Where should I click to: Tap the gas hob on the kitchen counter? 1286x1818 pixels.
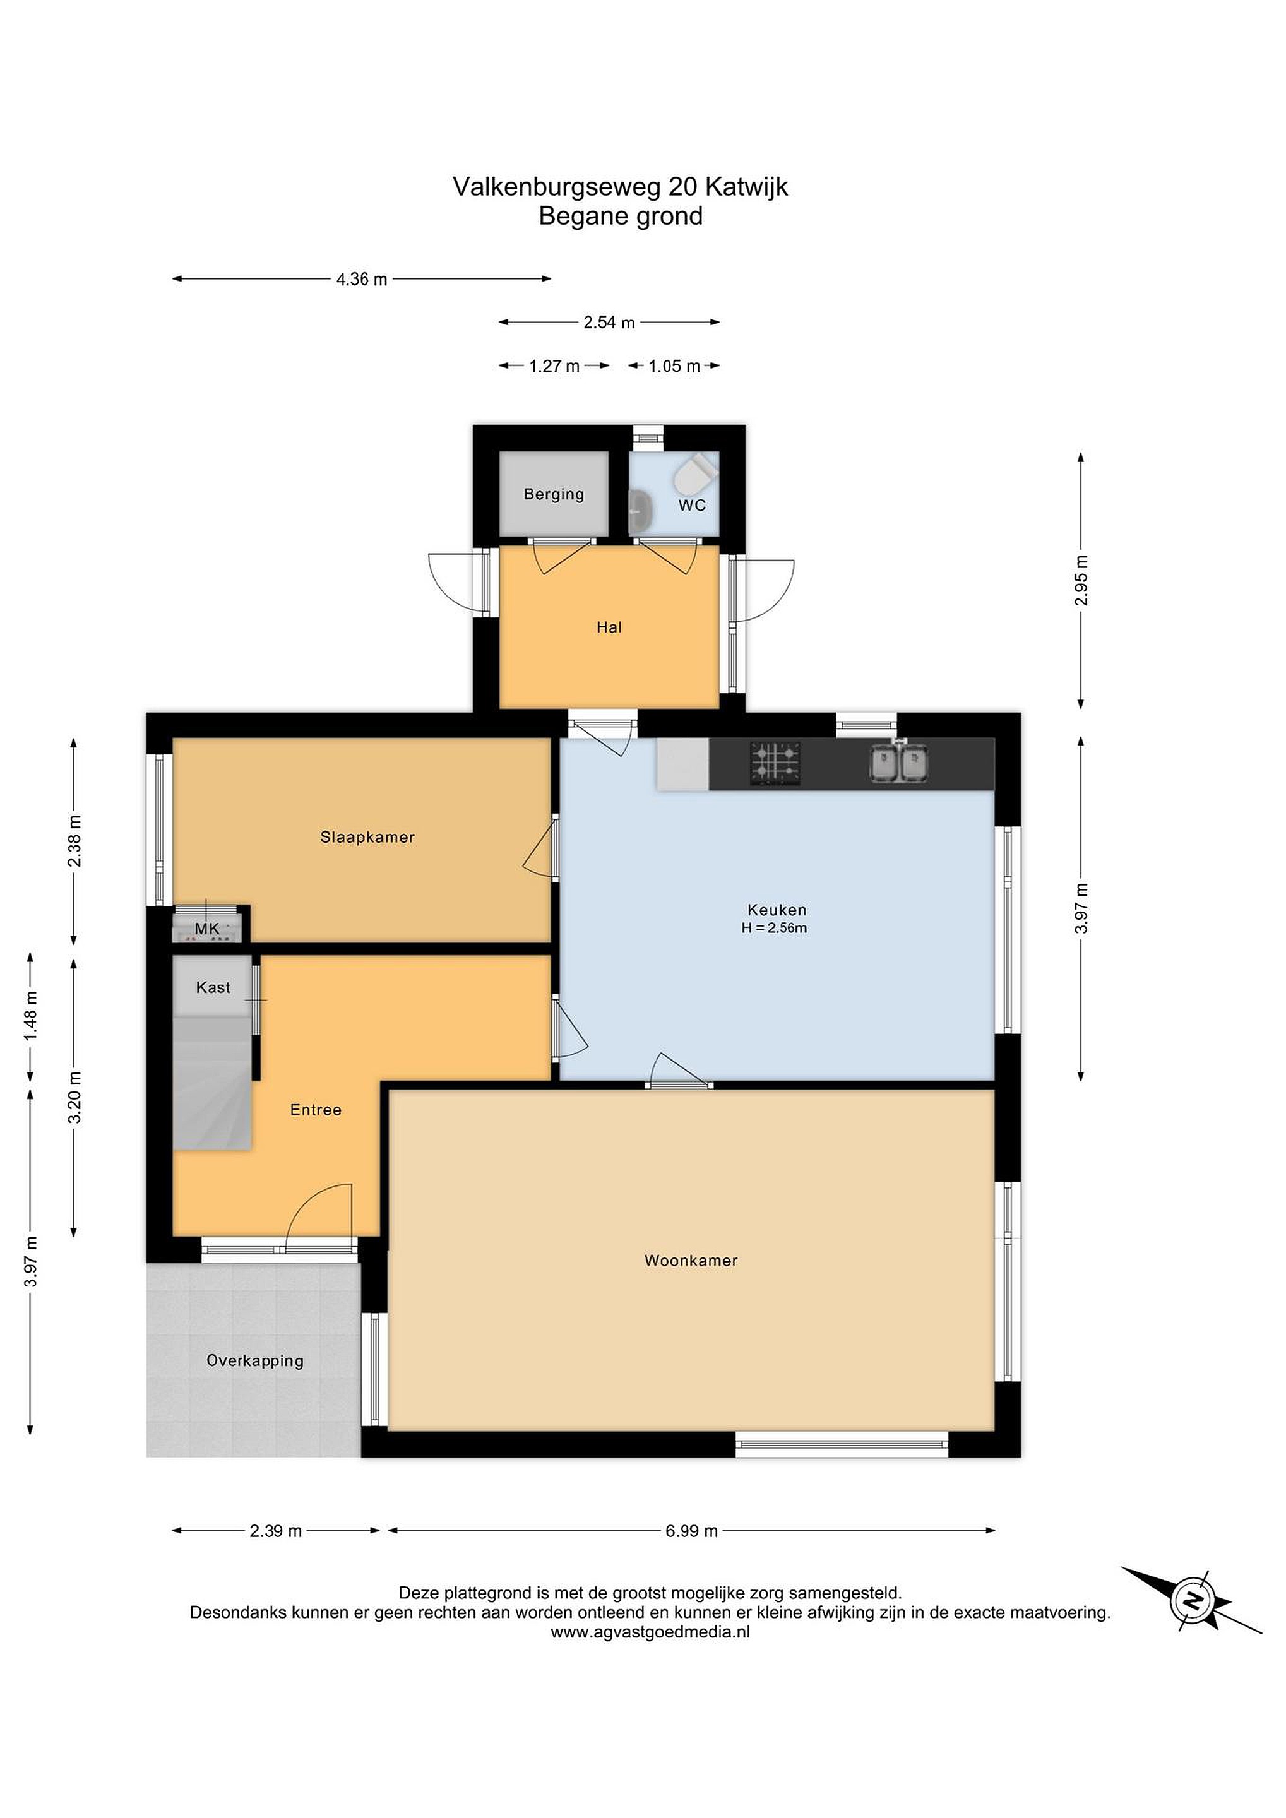[x=775, y=763]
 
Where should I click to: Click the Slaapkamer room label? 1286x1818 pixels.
[x=367, y=837]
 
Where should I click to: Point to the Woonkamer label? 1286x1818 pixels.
[x=691, y=1261]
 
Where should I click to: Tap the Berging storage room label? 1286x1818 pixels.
[x=554, y=494]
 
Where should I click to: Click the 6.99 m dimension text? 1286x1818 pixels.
[x=691, y=1531]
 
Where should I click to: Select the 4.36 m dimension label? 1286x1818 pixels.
[x=362, y=279]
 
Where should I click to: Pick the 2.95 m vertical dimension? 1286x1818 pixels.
[x=1081, y=580]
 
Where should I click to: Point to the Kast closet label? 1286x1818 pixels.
[x=213, y=987]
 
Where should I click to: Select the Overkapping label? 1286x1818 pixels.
[x=255, y=1360]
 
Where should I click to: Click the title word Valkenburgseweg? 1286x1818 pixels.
[x=557, y=187]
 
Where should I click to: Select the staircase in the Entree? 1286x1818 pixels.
[x=212, y=1083]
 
